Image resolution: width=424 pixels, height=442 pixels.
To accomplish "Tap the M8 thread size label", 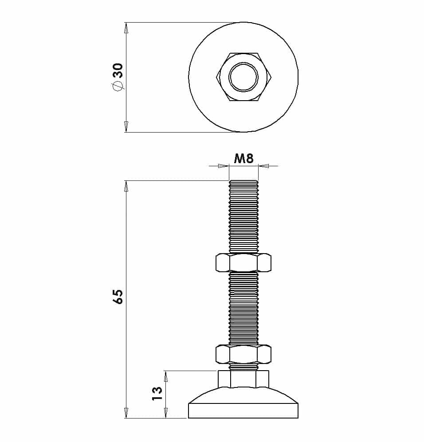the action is pyautogui.click(x=244, y=159).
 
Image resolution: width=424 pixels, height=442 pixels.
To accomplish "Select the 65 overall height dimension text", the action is pyautogui.click(x=118, y=296).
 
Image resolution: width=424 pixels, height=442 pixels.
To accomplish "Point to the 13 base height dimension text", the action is pyautogui.click(x=157, y=393).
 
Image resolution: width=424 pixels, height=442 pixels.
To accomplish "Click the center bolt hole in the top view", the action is pyautogui.click(x=243, y=77).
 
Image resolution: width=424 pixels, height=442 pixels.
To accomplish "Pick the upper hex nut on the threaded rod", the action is pyautogui.click(x=243, y=263).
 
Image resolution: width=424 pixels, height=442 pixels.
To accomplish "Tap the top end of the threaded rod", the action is pyautogui.click(x=243, y=181).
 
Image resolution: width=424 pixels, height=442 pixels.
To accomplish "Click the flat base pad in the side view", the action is pyautogui.click(x=243, y=411).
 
